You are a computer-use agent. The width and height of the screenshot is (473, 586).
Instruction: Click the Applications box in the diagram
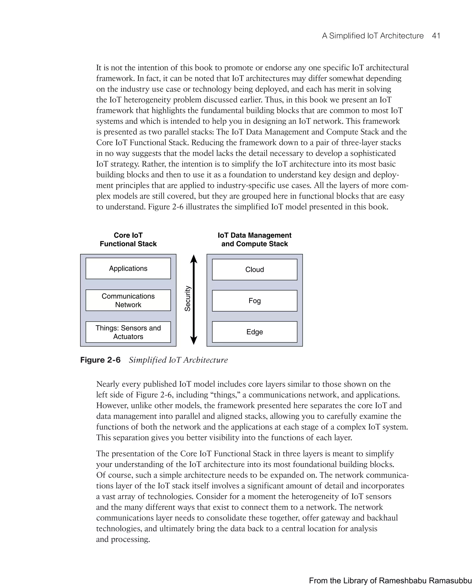click(128, 268)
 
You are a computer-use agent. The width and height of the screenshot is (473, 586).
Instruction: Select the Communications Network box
click(128, 300)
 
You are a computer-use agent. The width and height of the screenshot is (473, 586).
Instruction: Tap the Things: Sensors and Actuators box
click(128, 332)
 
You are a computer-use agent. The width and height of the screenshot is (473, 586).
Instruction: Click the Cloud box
click(255, 270)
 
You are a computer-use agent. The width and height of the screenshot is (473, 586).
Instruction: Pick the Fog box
click(255, 301)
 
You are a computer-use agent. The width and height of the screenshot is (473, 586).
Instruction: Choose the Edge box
click(255, 332)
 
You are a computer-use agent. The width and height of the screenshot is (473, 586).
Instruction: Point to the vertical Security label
click(188, 299)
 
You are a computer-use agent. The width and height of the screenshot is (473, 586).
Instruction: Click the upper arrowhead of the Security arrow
click(194, 259)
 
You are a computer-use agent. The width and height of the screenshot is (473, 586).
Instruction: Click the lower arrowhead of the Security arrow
click(194, 341)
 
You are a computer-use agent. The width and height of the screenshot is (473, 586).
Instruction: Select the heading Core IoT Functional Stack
click(128, 240)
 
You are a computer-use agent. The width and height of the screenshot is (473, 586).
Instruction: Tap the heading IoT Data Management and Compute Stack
click(255, 240)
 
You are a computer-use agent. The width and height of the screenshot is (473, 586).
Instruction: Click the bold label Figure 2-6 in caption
click(100, 360)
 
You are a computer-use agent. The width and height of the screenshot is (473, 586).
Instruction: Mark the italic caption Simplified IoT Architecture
click(178, 360)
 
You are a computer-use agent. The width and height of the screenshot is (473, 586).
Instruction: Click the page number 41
click(436, 36)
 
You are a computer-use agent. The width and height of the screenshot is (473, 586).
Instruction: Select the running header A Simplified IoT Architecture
click(373, 36)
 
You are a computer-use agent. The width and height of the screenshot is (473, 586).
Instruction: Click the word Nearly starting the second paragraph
click(108, 384)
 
